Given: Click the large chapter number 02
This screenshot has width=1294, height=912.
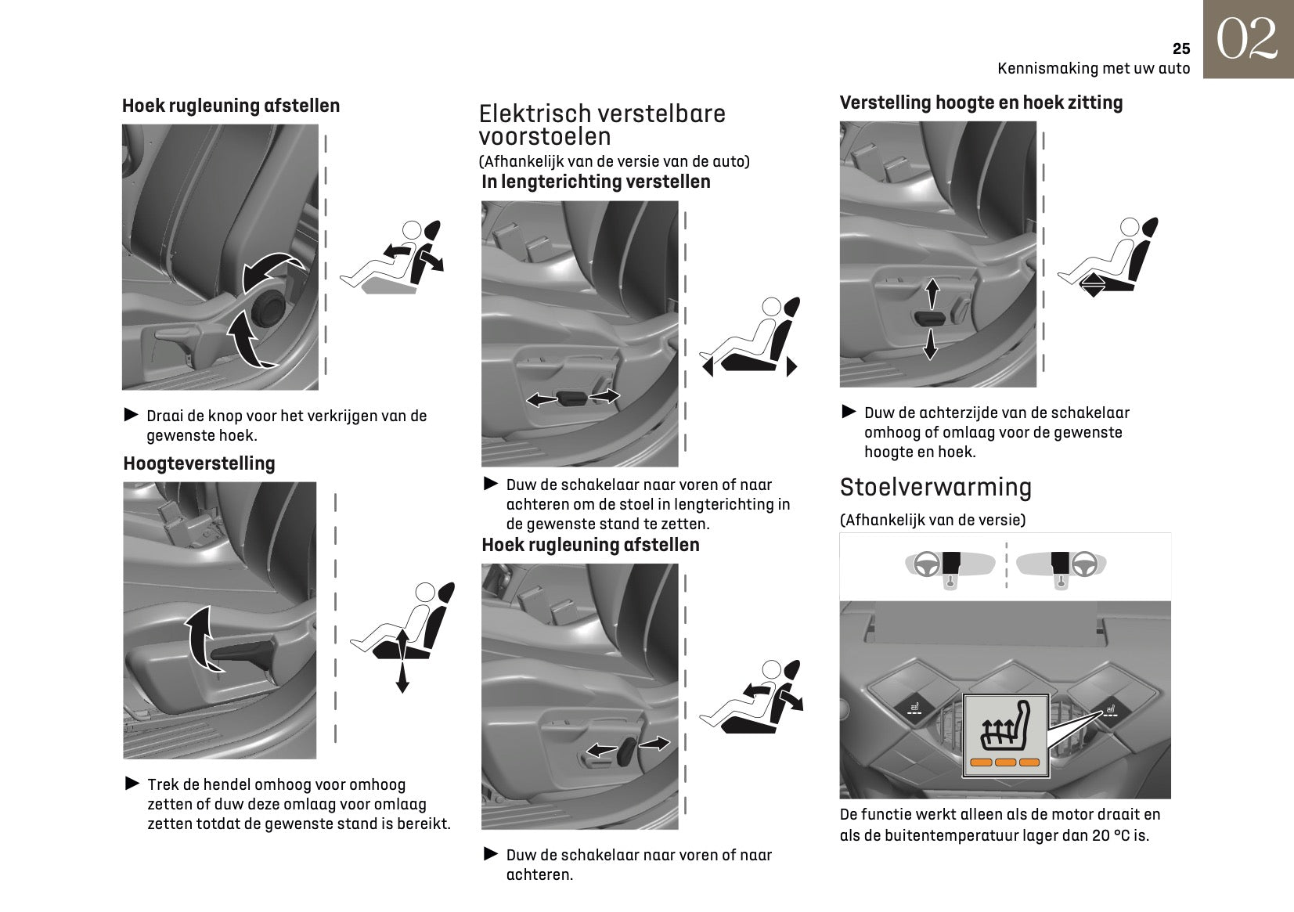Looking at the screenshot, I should click(x=1248, y=40).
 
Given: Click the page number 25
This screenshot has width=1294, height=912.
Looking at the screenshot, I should click(x=1180, y=49).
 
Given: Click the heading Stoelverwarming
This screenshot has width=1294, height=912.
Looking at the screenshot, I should click(x=935, y=487).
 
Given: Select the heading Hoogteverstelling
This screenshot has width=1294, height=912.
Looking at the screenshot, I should click(x=199, y=463).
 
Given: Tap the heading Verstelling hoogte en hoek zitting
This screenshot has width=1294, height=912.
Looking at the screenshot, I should click(x=981, y=103).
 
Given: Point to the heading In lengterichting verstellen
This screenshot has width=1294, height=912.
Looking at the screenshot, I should click(x=596, y=182).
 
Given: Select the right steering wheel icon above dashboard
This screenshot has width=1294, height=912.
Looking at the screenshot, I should click(x=1084, y=564).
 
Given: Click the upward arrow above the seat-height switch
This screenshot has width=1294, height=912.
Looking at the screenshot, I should click(x=932, y=295).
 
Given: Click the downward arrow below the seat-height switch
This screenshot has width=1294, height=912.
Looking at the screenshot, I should click(x=930, y=344).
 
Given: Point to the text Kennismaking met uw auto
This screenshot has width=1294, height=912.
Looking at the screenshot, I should click(x=1093, y=68).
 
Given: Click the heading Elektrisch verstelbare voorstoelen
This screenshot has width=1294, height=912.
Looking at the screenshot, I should click(x=602, y=125).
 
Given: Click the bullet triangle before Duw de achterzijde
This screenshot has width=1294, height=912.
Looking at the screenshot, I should click(x=849, y=411).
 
